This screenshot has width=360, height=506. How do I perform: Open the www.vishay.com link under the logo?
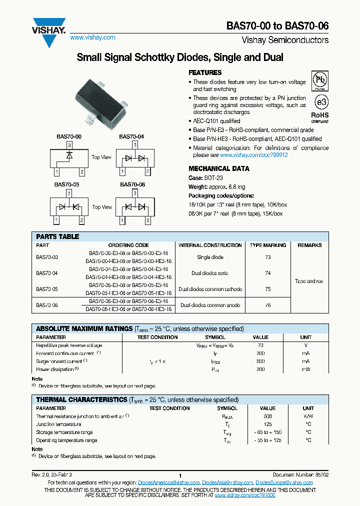click(x=92, y=37)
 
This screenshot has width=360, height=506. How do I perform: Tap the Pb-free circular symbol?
click(x=319, y=80)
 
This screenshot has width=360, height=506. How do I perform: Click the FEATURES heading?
click(x=205, y=72)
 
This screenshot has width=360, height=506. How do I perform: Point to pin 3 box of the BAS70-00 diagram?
click(x=69, y=144)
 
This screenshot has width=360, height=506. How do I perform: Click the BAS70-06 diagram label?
click(x=132, y=184)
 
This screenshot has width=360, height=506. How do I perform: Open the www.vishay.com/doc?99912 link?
click(x=257, y=155)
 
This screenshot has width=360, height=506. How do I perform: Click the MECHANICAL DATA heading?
click(x=219, y=168)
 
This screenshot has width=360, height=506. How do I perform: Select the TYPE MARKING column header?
click(x=268, y=245)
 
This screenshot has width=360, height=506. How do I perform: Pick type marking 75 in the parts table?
click(x=268, y=289)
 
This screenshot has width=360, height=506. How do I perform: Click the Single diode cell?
click(x=210, y=257)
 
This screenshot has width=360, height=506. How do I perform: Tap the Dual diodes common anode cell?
click(x=210, y=305)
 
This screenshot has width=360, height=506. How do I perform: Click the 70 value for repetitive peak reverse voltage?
click(x=260, y=345)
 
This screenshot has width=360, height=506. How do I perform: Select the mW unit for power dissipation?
click(x=305, y=369)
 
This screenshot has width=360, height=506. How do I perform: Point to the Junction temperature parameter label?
click(x=59, y=424)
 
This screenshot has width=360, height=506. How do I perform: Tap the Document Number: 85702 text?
click(x=300, y=474)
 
